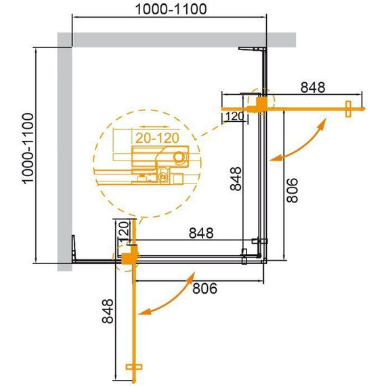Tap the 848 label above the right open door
point(313,88)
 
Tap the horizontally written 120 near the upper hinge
point(233,116)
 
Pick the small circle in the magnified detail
point(179,158)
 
